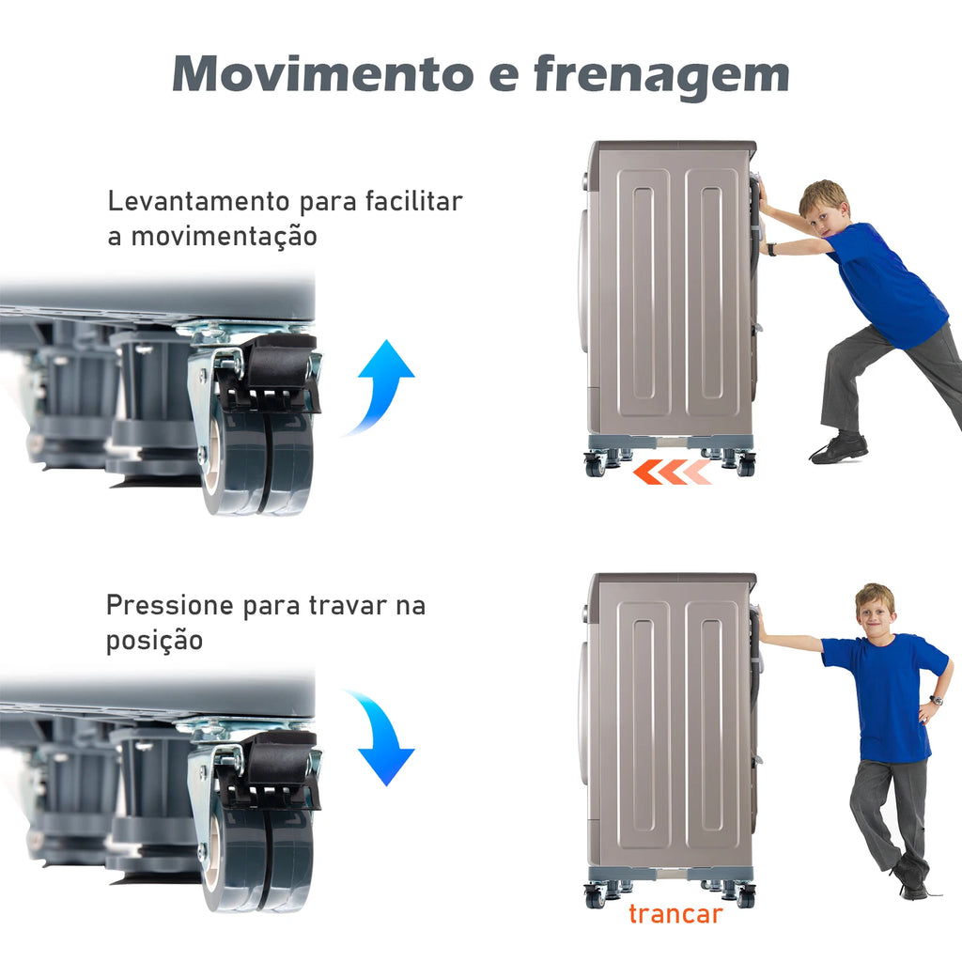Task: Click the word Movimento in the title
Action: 323,73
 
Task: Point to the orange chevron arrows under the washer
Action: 672,472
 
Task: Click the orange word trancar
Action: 675,914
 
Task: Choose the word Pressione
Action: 170,606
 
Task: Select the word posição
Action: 155,641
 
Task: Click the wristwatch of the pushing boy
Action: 771,249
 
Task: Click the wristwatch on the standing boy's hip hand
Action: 935,700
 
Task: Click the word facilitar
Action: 413,201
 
